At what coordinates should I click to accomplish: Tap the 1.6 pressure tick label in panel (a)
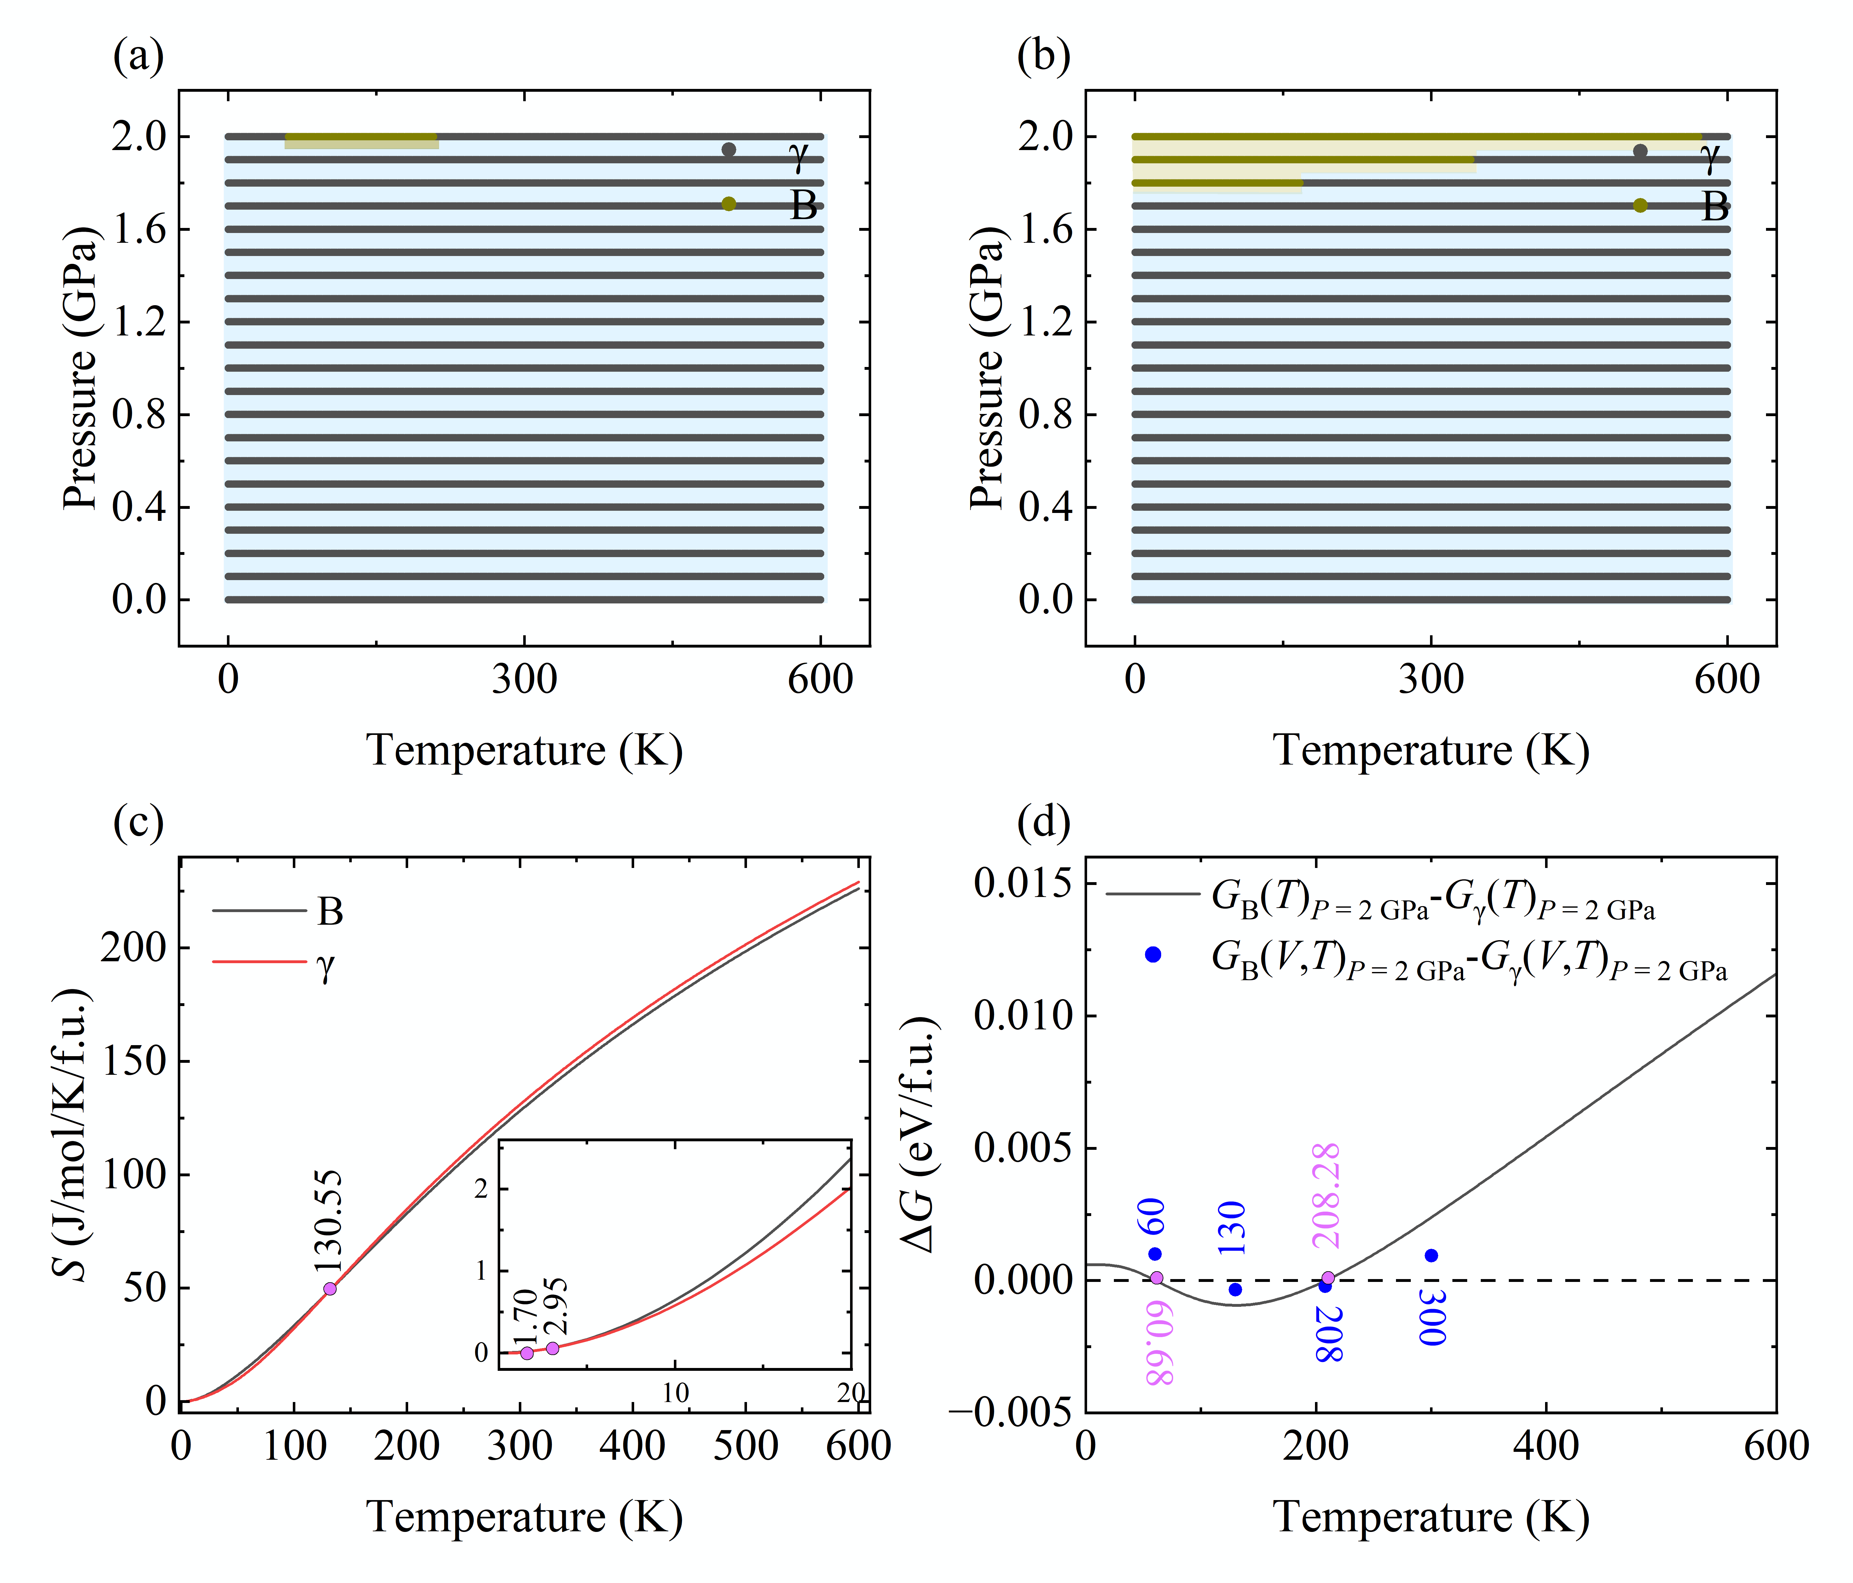[x=139, y=230]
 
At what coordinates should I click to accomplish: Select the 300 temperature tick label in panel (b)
[x=1431, y=680]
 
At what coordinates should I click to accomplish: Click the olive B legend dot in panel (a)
[x=729, y=204]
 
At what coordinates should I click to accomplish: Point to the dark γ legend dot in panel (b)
[x=1640, y=151]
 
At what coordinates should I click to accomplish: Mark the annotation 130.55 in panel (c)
[x=328, y=1221]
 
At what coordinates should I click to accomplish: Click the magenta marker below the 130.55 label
[x=330, y=1289]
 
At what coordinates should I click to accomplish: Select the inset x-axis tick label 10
[x=675, y=1393]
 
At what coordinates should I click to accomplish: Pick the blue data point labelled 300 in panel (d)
[x=1431, y=1256]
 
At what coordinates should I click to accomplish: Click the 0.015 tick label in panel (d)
[x=1023, y=884]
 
